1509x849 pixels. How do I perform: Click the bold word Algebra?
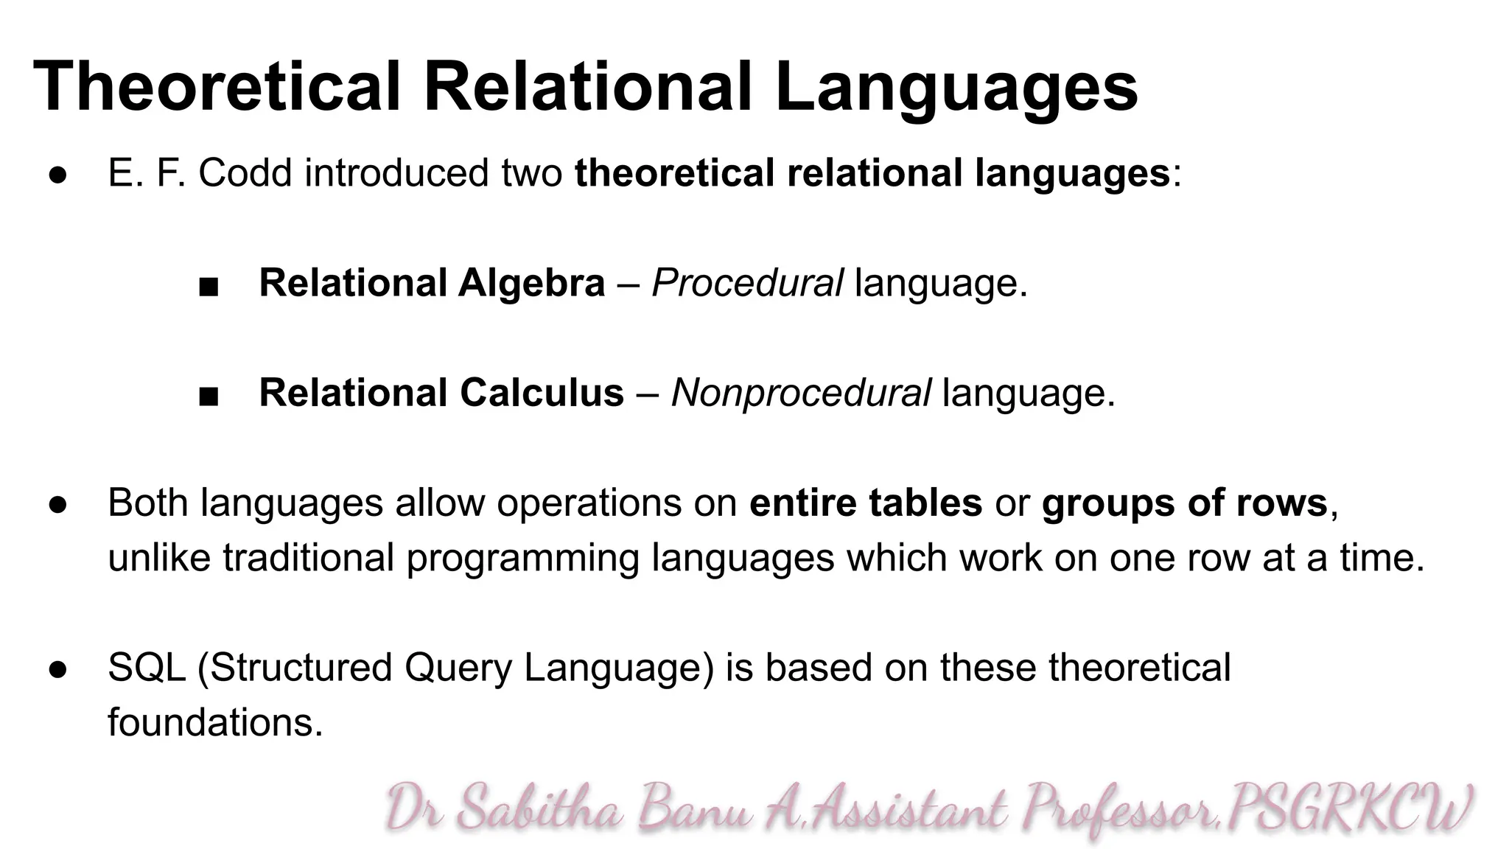pos(531,284)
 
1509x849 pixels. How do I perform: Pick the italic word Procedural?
pos(747,284)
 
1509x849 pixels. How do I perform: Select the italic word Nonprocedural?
pos(801,393)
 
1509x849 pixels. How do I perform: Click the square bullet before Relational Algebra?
pos(209,287)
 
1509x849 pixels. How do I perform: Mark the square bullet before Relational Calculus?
pos(209,396)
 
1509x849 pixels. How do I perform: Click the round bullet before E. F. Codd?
pos(58,175)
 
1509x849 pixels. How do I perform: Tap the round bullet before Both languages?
pos(58,505)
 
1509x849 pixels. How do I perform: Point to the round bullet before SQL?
pos(58,669)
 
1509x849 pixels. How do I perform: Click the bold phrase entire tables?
pos(866,503)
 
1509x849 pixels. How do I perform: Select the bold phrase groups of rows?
pos(1185,503)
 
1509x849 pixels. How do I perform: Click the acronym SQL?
pos(147,668)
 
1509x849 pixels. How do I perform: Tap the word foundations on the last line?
pos(215,722)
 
